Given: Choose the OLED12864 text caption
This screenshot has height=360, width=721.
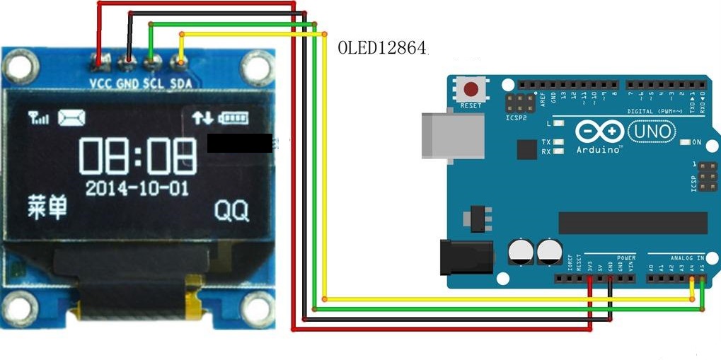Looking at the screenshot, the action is (383, 48).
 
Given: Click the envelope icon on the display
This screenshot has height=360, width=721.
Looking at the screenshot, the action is (71, 117).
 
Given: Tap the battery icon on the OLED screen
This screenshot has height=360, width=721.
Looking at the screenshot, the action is (235, 117).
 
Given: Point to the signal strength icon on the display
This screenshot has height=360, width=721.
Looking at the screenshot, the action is (39, 117).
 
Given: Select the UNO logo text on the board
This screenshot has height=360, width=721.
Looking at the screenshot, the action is (651, 131).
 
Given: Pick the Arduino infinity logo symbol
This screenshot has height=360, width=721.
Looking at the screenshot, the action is (599, 132).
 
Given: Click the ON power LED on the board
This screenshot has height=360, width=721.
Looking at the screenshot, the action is (685, 142).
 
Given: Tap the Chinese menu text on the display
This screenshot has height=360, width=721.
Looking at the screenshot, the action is (48, 207).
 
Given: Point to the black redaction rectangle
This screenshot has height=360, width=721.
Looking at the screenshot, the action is (240, 143).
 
